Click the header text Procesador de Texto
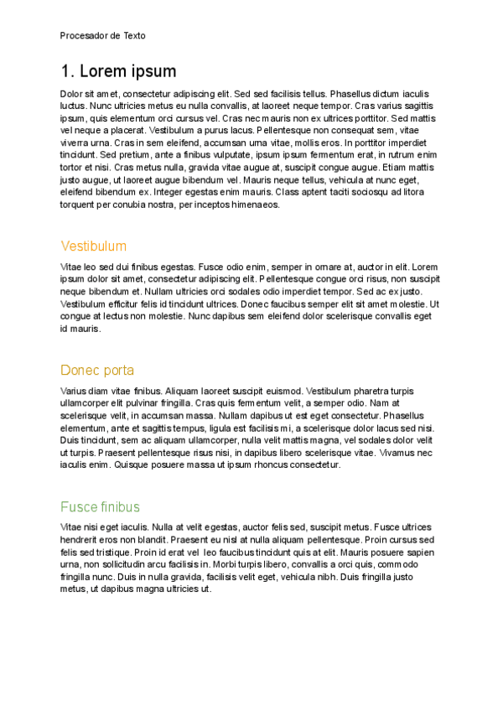[102, 36]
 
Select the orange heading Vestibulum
[94, 247]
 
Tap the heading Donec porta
[97, 371]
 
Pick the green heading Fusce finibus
[100, 507]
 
